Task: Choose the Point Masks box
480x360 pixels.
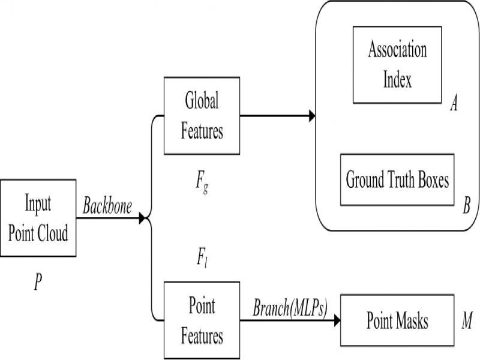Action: [397, 321]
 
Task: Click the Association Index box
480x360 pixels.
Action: [397, 64]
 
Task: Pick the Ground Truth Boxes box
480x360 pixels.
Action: [397, 181]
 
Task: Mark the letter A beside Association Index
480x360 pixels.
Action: [454, 104]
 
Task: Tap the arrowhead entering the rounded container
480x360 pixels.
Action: [311, 116]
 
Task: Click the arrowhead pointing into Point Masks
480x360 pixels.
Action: [337, 321]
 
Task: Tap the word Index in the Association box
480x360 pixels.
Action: [397, 80]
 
